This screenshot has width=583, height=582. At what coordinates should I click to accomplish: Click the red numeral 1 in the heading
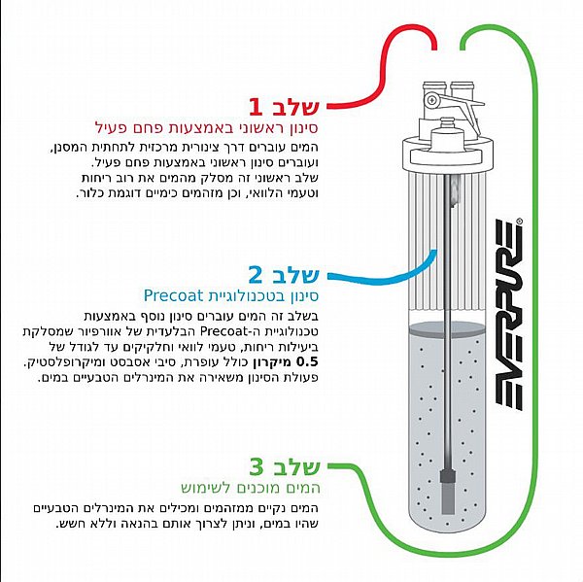[257, 107]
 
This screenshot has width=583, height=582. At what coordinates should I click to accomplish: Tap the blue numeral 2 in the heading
[256, 275]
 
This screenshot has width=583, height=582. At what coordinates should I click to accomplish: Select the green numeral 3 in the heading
[257, 467]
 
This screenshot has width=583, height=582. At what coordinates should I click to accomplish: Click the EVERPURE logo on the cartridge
[508, 316]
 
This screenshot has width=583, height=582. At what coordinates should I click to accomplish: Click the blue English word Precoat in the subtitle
[173, 295]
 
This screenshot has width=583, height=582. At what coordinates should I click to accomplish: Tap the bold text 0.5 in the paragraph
[308, 361]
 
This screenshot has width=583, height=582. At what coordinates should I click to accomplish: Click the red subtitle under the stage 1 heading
[207, 128]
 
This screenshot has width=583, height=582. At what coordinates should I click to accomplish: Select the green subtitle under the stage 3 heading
[251, 488]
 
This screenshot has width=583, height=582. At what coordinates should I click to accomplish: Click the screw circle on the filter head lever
[431, 100]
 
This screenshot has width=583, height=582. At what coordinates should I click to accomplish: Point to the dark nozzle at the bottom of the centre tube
[448, 492]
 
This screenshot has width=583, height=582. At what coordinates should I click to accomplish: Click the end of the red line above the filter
[434, 49]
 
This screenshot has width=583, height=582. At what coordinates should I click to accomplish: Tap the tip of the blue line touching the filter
[434, 251]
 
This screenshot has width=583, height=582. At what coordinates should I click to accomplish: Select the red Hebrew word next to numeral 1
[294, 106]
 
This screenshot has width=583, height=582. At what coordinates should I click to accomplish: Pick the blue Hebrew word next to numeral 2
[294, 275]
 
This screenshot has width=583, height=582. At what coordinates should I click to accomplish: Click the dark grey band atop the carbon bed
[447, 330]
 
